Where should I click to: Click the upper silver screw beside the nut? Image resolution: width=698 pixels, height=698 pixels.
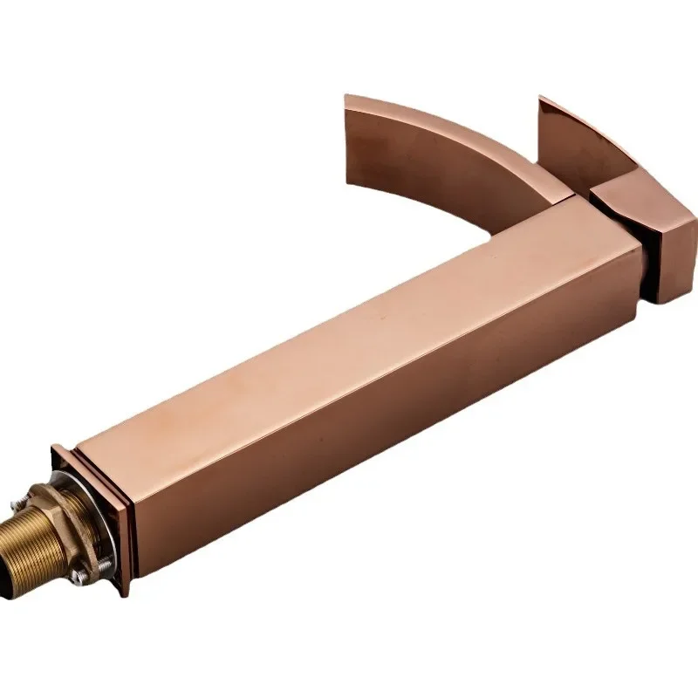click(x=17, y=503)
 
